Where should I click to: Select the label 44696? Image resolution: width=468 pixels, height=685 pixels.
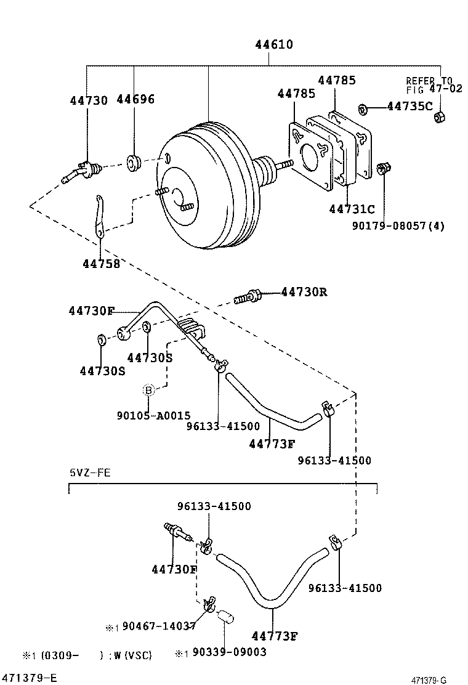(135, 100)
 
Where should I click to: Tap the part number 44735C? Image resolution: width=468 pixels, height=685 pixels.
(409, 107)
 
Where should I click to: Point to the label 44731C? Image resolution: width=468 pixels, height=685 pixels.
(352, 209)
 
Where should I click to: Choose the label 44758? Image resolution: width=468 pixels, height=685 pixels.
(101, 263)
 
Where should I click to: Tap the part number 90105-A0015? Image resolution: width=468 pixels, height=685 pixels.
(153, 416)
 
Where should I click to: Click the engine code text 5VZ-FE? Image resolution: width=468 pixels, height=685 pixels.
(90, 472)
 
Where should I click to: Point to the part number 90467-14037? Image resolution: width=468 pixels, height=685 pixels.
(159, 626)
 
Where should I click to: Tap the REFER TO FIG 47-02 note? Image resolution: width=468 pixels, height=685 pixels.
(429, 84)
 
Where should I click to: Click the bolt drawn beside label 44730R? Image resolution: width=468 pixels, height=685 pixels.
(247, 298)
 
